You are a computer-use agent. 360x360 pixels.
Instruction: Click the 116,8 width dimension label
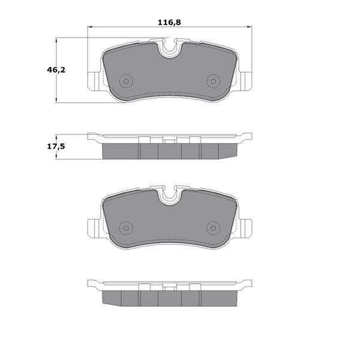coord(169,23)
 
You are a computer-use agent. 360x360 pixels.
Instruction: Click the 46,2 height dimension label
coord(56,70)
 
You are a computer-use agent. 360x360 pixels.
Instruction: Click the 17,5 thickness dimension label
coord(56,146)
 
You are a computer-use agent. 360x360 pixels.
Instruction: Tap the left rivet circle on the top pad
coord(126,81)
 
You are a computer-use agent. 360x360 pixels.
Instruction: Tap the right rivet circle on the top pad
coord(213,81)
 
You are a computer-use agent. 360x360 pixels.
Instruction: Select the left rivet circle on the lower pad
coord(126,228)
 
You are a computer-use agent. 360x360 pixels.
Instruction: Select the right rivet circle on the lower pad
coord(213,228)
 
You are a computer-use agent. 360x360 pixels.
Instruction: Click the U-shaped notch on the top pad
coord(170,49)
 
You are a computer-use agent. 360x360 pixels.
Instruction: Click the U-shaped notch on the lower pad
coord(170,196)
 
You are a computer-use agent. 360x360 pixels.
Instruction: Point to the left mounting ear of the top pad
coord(94,81)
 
